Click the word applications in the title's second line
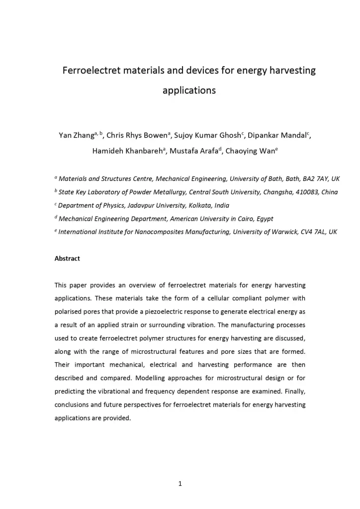(189, 91)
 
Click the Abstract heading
(67, 259)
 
